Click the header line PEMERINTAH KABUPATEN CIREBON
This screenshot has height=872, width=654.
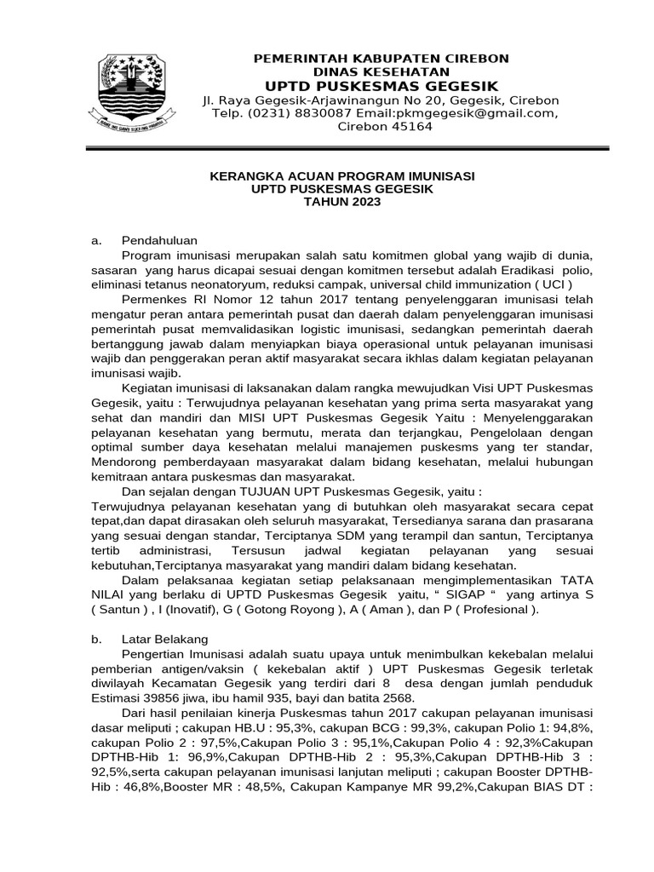tap(381, 58)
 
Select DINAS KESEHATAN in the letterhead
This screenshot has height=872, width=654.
tap(380, 72)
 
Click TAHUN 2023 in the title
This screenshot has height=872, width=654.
tap(343, 202)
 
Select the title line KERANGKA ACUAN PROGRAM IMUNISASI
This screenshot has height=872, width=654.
tap(343, 175)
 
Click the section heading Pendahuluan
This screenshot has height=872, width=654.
tap(160, 240)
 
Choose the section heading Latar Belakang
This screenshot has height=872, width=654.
tap(165, 639)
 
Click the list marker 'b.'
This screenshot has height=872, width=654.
tap(96, 639)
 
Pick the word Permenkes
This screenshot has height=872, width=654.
tap(151, 300)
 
